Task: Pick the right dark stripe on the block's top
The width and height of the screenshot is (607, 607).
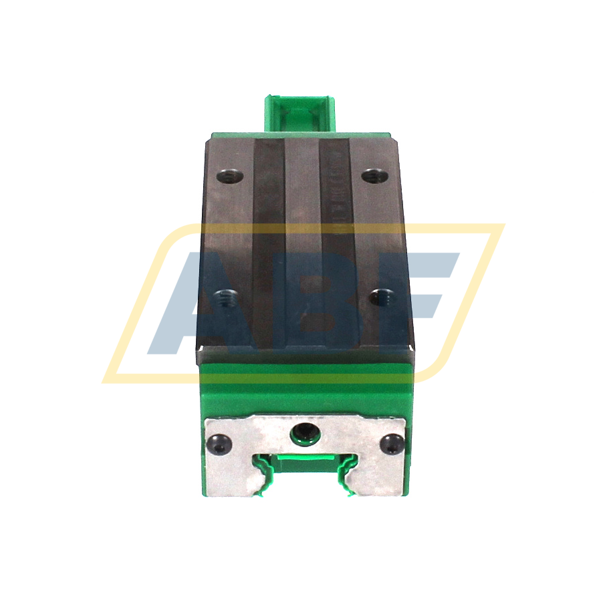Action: (338, 247)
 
